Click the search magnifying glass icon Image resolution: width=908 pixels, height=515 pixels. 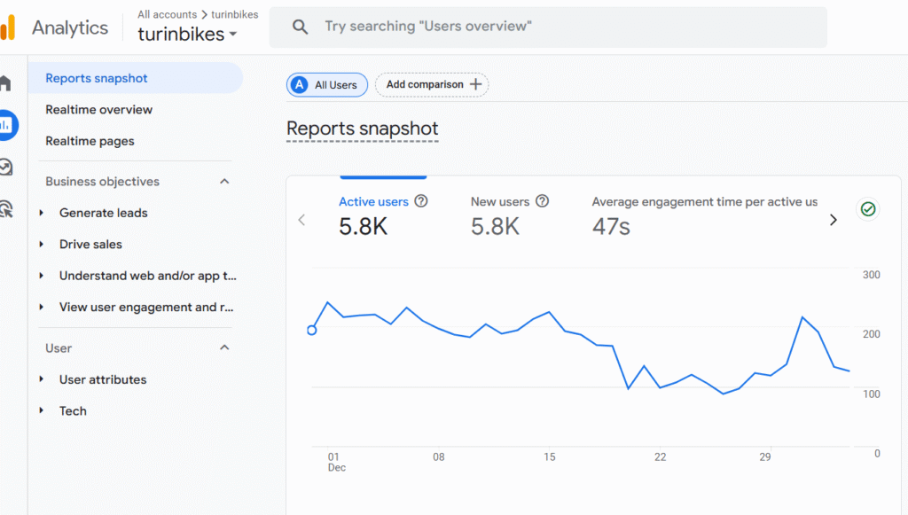301,27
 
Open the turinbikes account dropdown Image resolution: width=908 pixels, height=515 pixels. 188,35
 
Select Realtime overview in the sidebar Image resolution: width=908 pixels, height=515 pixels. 98,110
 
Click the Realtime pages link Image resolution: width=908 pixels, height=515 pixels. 90,141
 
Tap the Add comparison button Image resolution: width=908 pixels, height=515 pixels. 432,84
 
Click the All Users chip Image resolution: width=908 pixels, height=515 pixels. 326,85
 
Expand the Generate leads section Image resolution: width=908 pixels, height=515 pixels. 103,213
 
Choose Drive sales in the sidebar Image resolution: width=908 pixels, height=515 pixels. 90,244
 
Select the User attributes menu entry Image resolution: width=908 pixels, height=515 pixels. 103,379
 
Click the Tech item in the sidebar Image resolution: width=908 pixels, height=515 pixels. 73,410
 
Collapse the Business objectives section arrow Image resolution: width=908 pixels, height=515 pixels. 224,182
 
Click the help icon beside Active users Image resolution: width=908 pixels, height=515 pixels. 421,201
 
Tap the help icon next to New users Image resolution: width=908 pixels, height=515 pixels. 543,201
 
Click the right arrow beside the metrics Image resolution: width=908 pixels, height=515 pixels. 833,220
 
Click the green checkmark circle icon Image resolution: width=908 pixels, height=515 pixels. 868,209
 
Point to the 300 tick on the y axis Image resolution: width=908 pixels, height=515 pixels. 871,275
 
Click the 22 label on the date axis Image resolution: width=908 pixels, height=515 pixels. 660,457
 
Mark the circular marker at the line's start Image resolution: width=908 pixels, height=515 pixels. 311,331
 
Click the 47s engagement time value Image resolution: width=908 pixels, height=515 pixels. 611,227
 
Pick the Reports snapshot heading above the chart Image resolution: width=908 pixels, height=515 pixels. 362,129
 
